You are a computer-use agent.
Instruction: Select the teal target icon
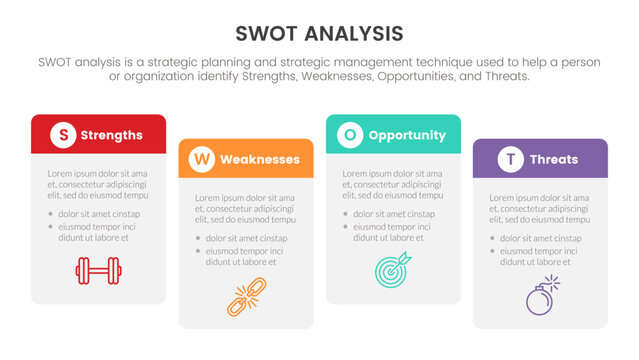click(392, 269)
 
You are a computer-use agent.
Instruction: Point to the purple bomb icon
click(539, 297)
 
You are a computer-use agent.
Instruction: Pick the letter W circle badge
click(202, 159)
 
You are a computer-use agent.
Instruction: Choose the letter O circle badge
click(349, 135)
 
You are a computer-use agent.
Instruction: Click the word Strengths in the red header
click(111, 135)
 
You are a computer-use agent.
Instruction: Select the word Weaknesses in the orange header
click(259, 159)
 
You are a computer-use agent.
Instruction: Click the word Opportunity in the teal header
click(406, 135)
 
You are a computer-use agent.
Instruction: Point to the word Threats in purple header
click(553, 159)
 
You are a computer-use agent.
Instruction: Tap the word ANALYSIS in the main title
click(354, 33)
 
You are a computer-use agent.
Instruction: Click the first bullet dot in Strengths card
click(50, 214)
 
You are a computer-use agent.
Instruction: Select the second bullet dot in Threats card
click(492, 251)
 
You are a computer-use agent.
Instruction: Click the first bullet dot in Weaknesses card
click(197, 238)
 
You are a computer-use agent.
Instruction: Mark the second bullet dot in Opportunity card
click(345, 227)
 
